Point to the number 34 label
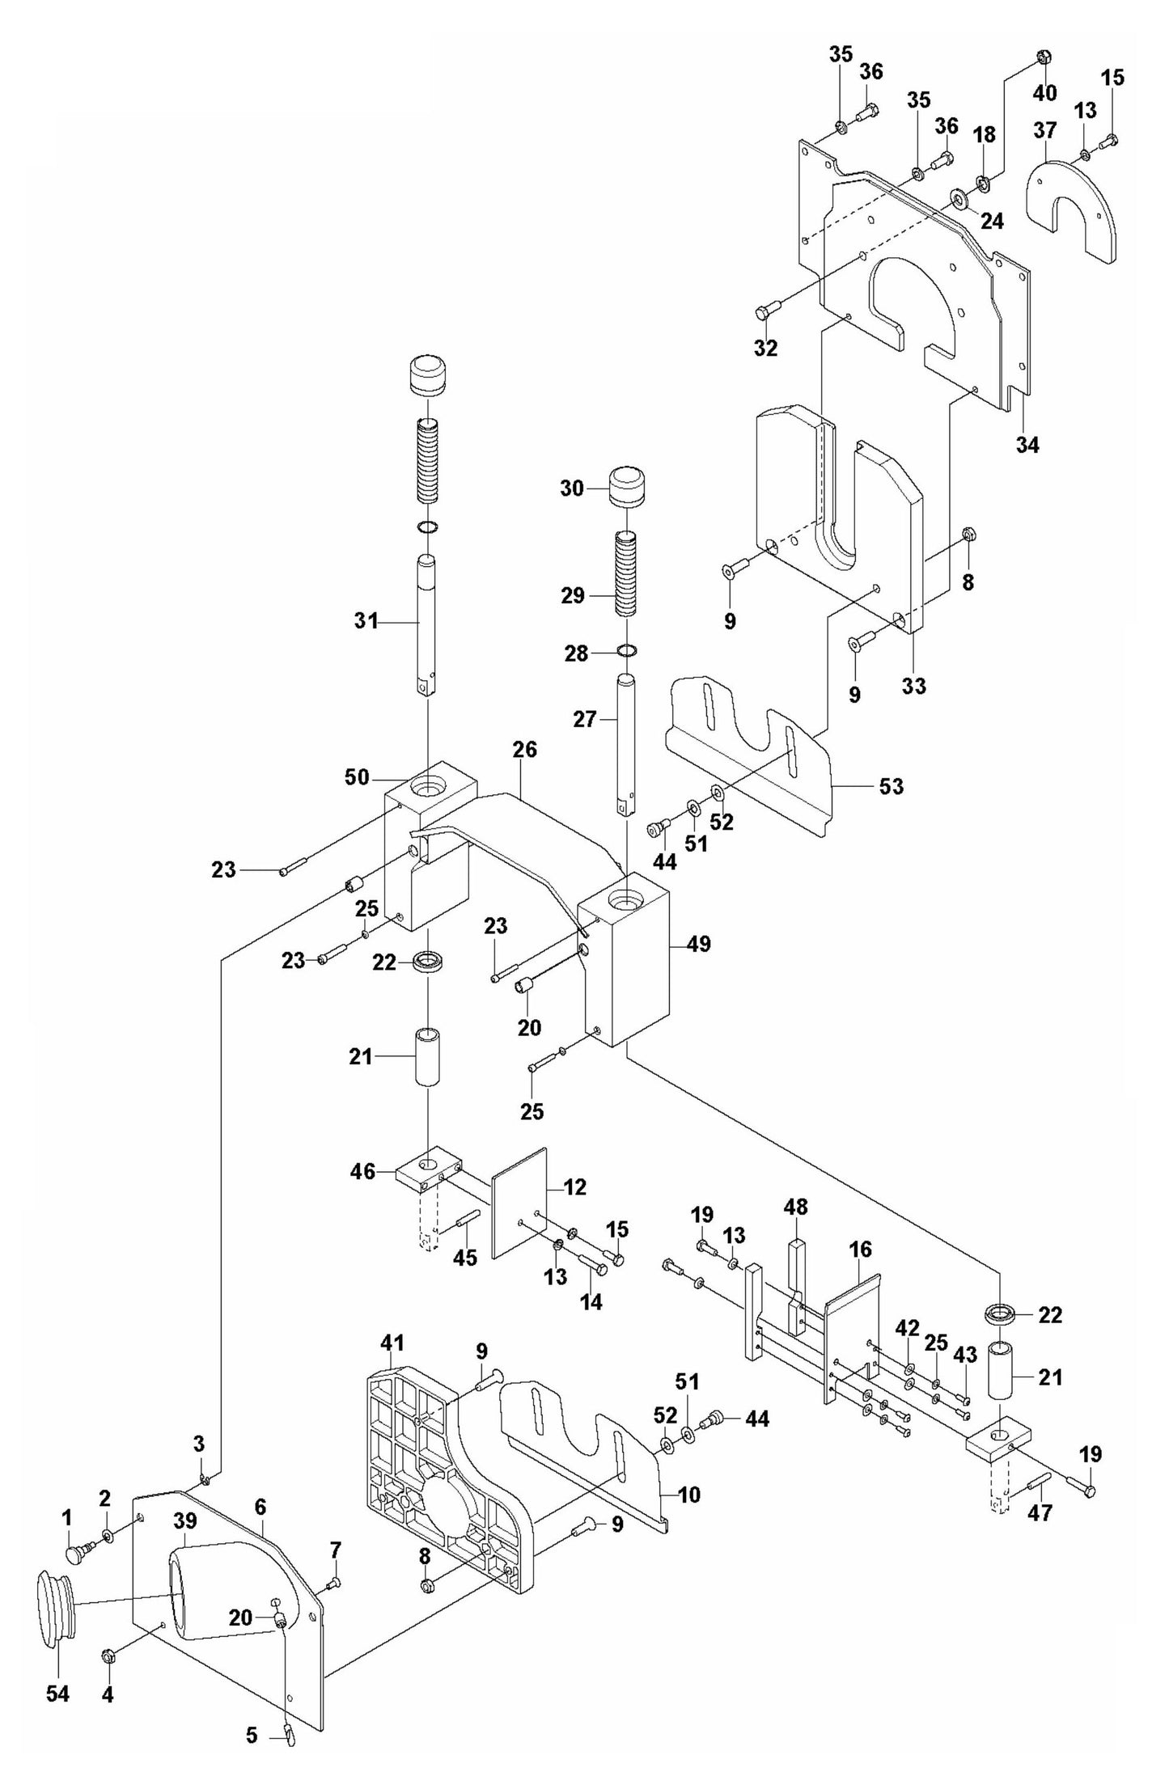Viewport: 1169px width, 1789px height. tap(1027, 444)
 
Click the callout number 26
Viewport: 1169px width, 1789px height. tap(524, 750)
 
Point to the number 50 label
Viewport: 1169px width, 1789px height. tap(357, 778)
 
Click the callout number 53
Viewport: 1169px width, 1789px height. tap(891, 786)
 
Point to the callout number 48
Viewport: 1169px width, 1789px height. tap(795, 1230)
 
